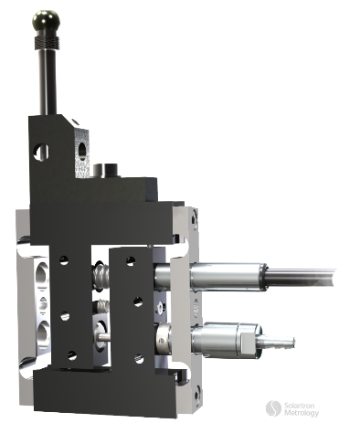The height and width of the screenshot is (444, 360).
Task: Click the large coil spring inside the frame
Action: [101, 275]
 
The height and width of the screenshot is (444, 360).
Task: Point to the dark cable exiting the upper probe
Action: [311, 271]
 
